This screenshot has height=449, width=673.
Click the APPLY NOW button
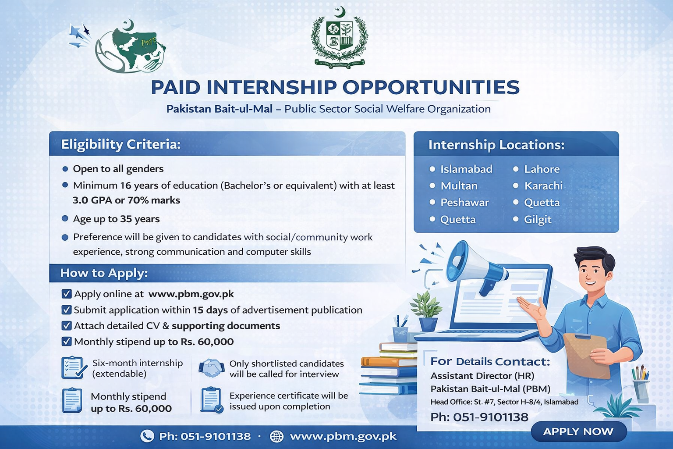578,431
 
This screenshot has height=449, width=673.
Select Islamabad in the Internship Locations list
466,169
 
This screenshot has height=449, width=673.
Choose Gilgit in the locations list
538,220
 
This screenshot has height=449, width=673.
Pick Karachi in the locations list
543,186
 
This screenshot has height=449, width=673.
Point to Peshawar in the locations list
464,203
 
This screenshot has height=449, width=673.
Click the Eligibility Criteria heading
121,144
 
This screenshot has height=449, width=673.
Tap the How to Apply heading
104,273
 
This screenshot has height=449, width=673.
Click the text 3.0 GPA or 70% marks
126,200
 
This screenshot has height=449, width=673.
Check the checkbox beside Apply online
67,294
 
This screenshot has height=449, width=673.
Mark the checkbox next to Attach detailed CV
67,326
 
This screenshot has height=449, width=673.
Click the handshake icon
212,368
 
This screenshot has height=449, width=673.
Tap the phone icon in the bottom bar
147,436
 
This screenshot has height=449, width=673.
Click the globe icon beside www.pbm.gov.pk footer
276,436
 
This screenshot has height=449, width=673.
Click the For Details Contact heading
490,361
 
